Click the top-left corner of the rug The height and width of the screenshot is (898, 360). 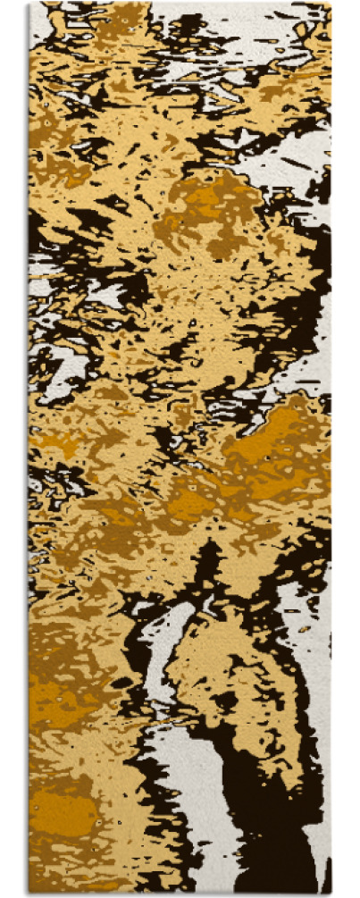(29, 4)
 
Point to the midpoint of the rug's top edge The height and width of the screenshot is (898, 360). (180, 4)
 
